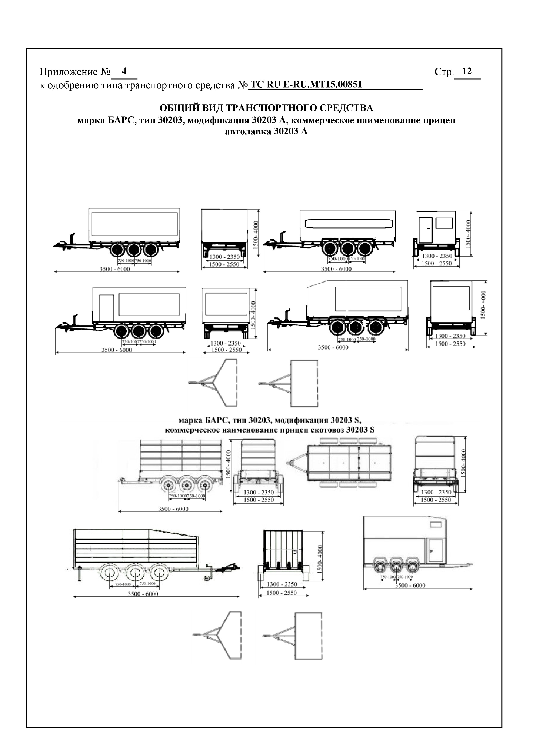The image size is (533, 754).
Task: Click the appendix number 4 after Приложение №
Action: pyautogui.click(x=124, y=71)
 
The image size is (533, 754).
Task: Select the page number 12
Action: pyautogui.click(x=467, y=71)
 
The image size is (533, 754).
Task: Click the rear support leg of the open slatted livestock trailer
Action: pyautogui.click(x=80, y=575)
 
